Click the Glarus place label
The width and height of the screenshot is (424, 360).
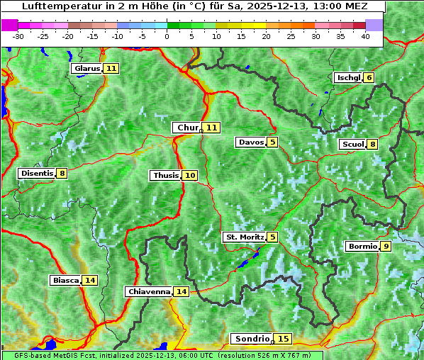87,69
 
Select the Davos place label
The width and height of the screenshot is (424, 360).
251,142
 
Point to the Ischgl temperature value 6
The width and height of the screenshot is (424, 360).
369,77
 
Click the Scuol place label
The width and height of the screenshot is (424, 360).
353,145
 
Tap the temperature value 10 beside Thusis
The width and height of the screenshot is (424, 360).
189,175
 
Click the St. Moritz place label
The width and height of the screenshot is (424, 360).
245,237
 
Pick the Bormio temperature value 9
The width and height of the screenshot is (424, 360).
386,247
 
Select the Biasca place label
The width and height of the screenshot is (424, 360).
65,280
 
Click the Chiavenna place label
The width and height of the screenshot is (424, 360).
149,291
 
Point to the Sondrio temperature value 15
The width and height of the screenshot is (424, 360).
284,339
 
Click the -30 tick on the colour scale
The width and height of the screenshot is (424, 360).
18,36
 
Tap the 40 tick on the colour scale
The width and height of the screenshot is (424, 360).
365,36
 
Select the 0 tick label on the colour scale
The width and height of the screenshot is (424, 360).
167,36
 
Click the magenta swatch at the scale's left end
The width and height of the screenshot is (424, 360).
9,24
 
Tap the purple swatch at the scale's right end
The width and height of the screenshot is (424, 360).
374,24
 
